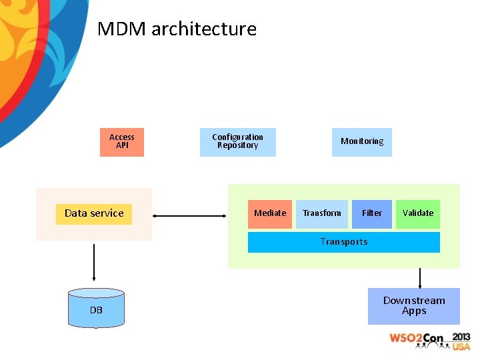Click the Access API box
click(122, 142)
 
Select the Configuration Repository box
click(237, 142)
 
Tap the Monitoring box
click(362, 142)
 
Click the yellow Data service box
click(94, 214)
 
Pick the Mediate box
click(270, 214)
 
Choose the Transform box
click(321, 214)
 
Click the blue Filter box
click(372, 214)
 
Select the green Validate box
click(418, 214)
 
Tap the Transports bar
click(344, 242)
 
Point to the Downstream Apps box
click(414, 306)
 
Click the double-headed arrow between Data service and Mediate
click(189, 215)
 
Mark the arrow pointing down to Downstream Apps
click(420, 277)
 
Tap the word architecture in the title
click(204, 29)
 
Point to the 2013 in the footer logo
click(461, 337)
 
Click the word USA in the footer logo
click(461, 346)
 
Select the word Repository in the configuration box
click(237, 146)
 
